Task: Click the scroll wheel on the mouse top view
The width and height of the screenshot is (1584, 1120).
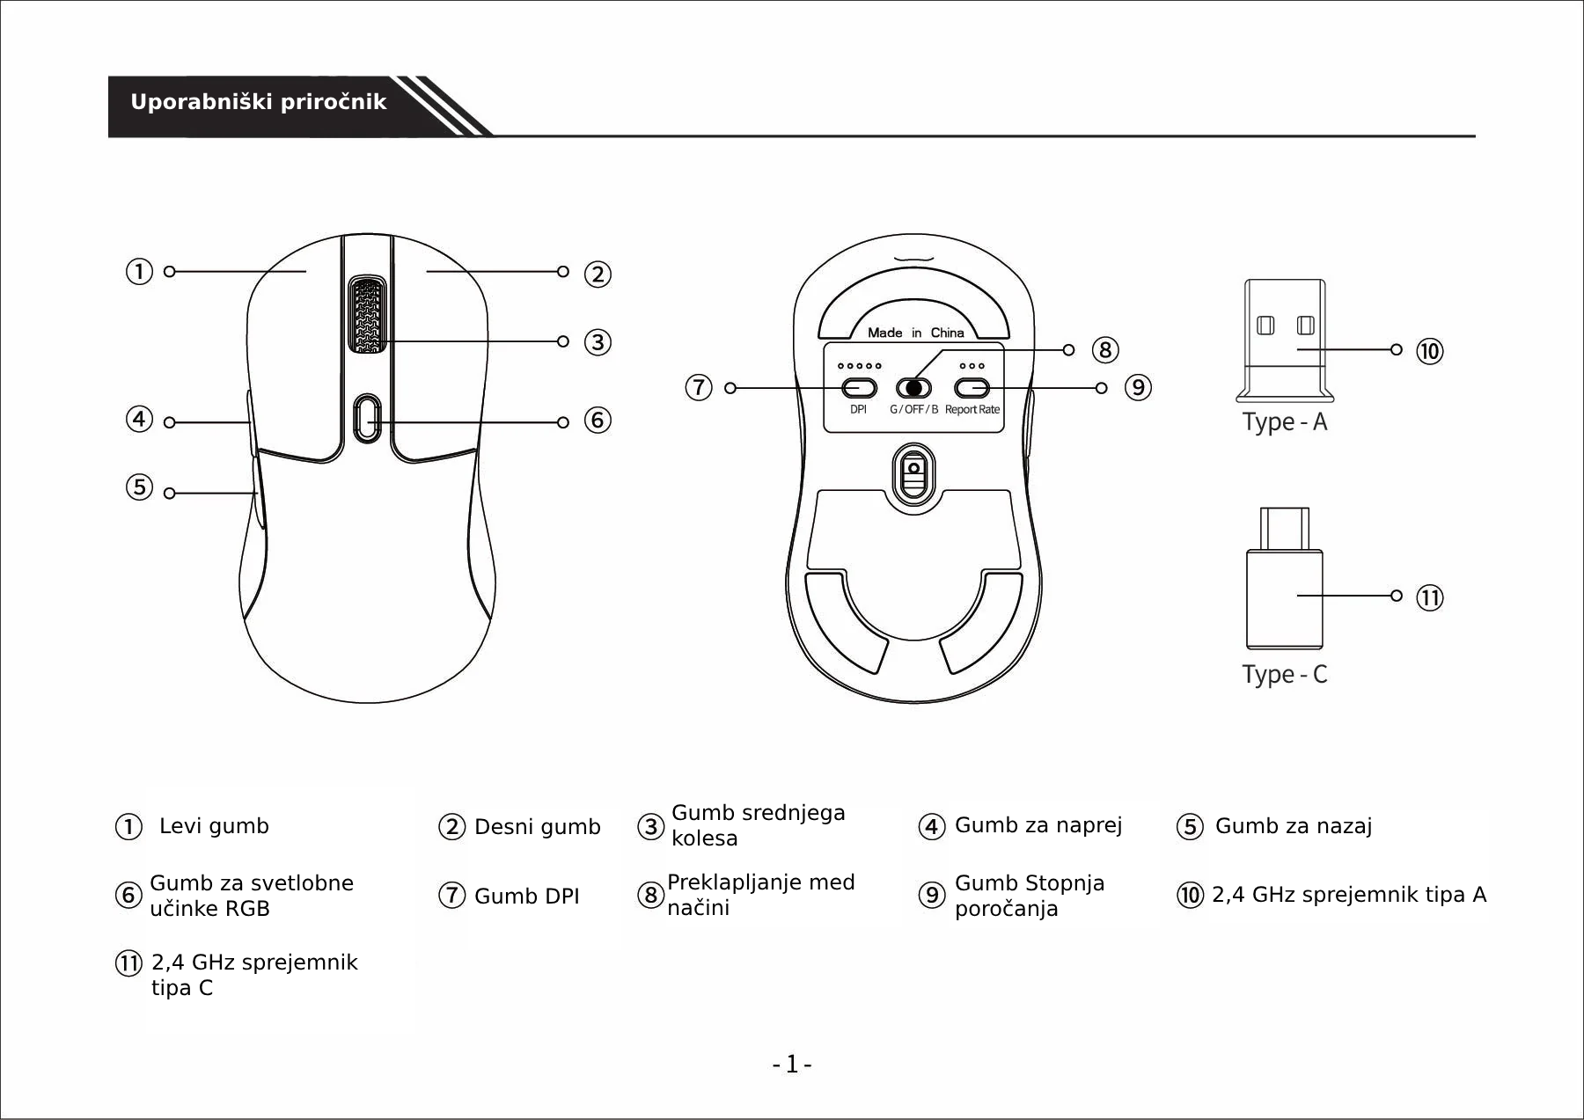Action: (x=367, y=315)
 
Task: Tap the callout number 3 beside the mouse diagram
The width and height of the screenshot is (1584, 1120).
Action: (x=598, y=342)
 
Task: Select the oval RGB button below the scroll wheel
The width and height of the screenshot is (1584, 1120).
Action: (x=367, y=419)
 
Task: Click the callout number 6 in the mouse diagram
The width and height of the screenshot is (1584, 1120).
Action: (x=598, y=421)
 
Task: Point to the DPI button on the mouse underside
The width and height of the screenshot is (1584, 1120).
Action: (x=859, y=388)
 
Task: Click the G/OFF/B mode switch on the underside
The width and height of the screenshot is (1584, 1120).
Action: (x=913, y=388)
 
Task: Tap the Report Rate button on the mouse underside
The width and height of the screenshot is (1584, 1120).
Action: (x=972, y=388)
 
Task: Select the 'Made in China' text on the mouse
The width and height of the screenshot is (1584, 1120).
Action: (x=915, y=333)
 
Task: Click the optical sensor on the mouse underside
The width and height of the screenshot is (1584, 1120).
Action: (x=913, y=476)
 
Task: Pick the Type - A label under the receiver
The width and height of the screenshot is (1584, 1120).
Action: (x=1284, y=422)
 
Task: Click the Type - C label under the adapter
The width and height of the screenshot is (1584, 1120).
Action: (x=1284, y=675)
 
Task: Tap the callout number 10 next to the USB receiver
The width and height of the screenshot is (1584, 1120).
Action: (x=1429, y=352)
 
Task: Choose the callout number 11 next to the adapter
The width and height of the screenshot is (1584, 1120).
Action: (x=1429, y=598)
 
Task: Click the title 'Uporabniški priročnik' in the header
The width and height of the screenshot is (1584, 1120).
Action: (x=258, y=102)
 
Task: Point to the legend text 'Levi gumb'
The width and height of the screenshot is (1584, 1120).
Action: (x=214, y=826)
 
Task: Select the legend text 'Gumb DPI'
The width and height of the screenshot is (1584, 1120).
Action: (x=526, y=897)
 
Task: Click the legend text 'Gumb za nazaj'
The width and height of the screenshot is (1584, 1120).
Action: (x=1293, y=826)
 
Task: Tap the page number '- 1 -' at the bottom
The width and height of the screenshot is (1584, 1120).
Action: (x=792, y=1065)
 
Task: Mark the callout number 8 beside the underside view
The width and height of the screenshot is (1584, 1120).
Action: (x=1105, y=350)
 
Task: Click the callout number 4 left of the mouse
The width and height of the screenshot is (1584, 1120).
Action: (x=139, y=419)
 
